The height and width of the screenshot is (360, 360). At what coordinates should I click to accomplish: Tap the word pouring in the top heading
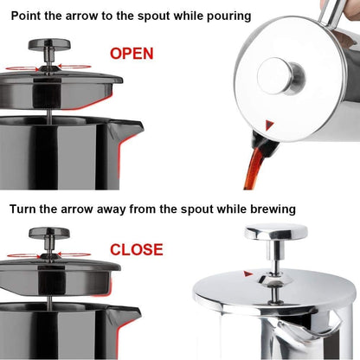[222, 16]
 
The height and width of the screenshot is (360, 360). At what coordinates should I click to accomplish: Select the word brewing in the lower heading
[267, 209]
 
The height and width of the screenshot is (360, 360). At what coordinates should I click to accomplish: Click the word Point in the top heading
[30, 16]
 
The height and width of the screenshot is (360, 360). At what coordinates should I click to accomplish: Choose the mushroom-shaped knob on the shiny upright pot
[275, 234]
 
